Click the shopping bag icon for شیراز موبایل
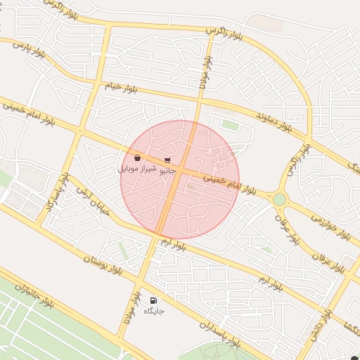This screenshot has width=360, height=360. pos(136,157)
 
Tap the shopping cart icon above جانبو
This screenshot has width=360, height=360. pos(167,160)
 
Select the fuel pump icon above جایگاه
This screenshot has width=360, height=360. pos(153,300)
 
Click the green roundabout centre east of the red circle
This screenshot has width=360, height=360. pos(279,200)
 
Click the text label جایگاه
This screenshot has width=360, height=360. pos(153,310)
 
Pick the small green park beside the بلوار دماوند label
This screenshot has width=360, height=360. pos(230,124)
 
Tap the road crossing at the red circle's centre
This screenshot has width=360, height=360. pos(179,172)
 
